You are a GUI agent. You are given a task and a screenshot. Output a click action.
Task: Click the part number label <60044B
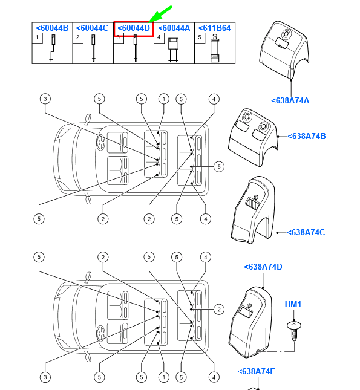pos(52,28)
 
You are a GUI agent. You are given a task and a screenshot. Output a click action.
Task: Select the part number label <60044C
pos(92,28)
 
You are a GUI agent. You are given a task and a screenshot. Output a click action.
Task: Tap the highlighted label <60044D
pos(134,28)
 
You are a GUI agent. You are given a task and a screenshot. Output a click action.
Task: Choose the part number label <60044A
pos(174,28)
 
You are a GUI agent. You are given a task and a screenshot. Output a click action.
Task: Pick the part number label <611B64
pos(214,28)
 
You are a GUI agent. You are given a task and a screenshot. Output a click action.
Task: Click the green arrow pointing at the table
pos(160,15)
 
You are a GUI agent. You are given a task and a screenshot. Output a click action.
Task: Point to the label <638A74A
pos(290,100)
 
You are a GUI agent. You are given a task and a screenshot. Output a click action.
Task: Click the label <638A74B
pos(307,136)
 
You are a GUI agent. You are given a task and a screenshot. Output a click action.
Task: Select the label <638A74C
pos(306,232)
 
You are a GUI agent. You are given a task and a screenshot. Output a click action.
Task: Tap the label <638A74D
pos(263,267)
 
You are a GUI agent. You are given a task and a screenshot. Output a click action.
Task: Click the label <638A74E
pos(256,371)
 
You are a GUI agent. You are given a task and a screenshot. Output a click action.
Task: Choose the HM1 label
pos(293,304)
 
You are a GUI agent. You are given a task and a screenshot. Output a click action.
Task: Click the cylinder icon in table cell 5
pos(215,48)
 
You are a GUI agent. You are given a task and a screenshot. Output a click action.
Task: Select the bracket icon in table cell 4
pos(173,50)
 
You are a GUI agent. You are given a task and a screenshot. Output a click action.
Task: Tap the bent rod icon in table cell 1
pos(53,48)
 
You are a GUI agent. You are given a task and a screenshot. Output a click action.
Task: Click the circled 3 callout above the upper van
pos(45,99)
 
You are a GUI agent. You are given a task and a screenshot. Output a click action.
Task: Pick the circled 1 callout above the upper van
pos(163,99)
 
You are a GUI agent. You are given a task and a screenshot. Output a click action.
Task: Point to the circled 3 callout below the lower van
pos(45,377)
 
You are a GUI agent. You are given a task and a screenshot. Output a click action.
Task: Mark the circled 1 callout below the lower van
pos(163,377)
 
